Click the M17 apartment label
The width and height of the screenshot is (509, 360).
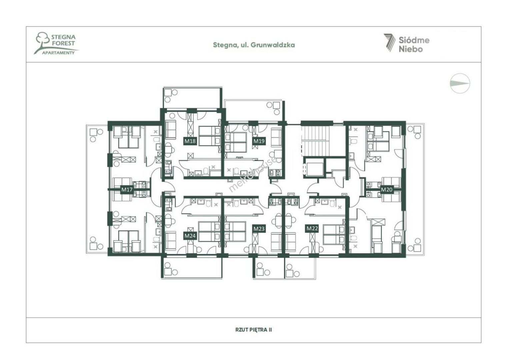pyautogui.click(x=127, y=190)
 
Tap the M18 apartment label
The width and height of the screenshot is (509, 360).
pyautogui.click(x=190, y=141)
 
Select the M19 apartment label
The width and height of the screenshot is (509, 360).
pyautogui.click(x=259, y=141)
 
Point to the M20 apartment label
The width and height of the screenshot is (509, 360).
pyautogui.click(x=387, y=189)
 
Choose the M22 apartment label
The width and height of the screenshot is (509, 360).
pyautogui.click(x=312, y=228)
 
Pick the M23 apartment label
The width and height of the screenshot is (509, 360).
pyautogui.click(x=259, y=229)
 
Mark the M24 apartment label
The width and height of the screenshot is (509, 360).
pyautogui.click(x=190, y=236)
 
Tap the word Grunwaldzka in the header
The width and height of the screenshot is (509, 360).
pyautogui.click(x=273, y=45)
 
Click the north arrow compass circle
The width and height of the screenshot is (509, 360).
pyautogui.click(x=460, y=83)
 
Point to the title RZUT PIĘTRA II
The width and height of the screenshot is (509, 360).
pyautogui.click(x=254, y=330)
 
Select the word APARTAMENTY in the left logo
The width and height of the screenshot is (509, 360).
pyautogui.click(x=58, y=53)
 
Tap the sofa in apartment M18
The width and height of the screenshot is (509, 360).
pyautogui.click(x=170, y=130)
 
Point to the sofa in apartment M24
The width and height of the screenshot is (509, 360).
pyautogui.click(x=170, y=241)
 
